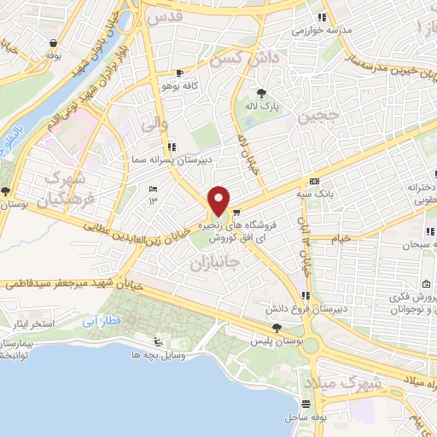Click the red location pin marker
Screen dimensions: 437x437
click(x=219, y=201)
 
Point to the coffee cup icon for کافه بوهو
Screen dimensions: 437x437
click(x=179, y=73)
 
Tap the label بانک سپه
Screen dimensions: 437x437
click(x=316, y=192)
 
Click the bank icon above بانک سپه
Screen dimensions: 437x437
click(x=315, y=181)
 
